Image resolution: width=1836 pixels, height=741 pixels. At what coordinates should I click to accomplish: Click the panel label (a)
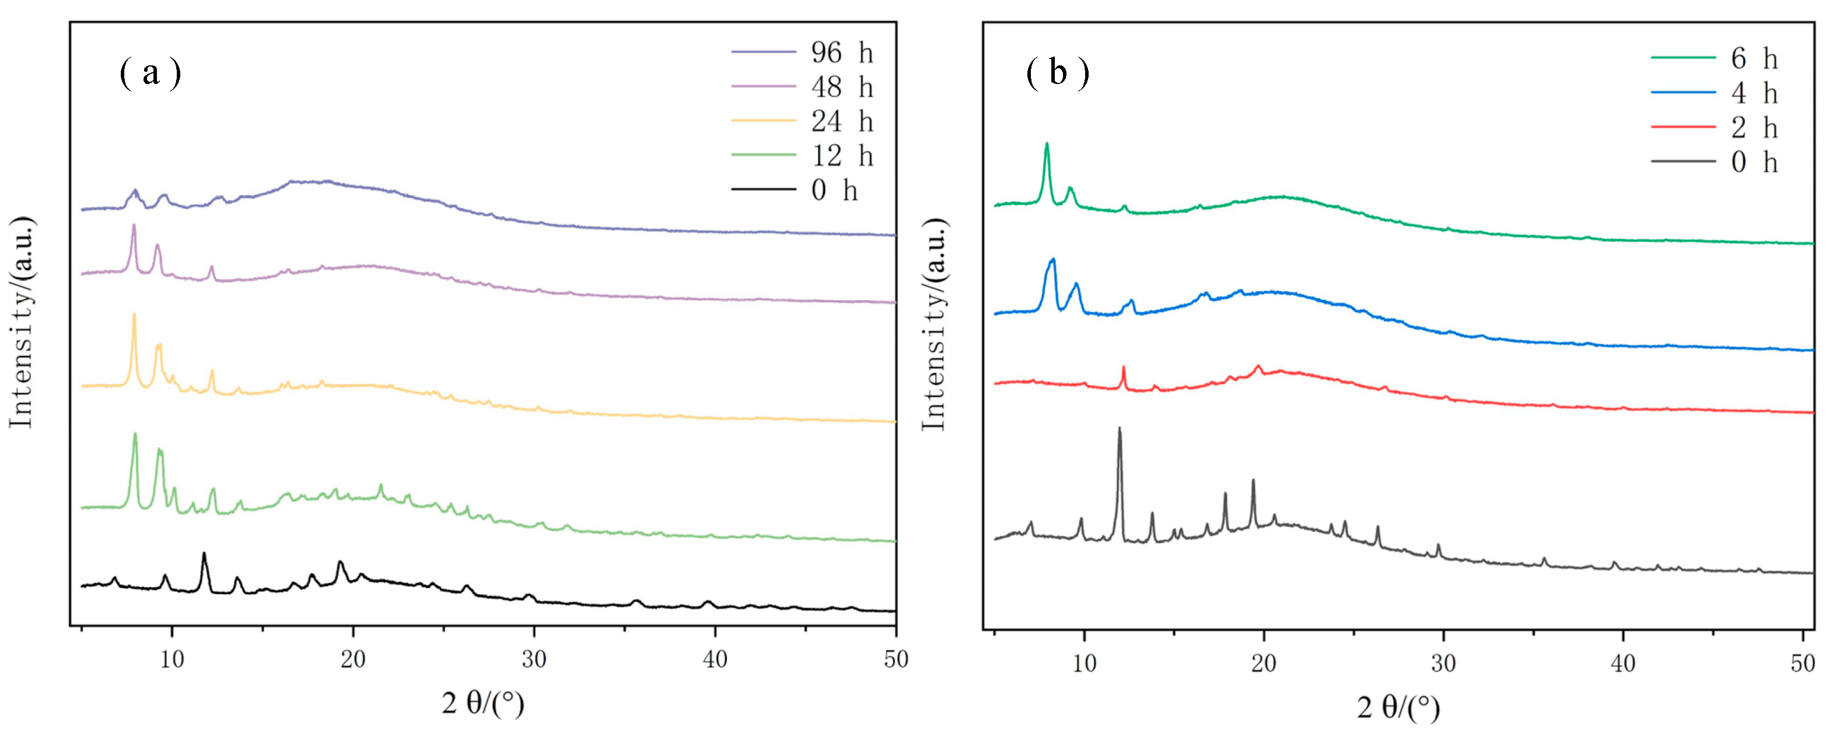coord(151,73)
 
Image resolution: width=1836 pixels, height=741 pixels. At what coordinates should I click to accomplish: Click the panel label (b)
coord(1058,73)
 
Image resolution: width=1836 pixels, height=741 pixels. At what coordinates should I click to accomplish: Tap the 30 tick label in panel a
coord(534,660)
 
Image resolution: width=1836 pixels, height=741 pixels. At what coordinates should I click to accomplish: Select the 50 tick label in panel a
coord(895,660)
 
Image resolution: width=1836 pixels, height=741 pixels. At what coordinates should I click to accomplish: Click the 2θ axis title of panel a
coord(482,704)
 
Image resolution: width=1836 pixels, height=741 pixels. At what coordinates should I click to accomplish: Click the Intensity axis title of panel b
coord(933,324)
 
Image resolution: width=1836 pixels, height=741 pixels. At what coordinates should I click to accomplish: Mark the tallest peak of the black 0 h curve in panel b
coord(1119,429)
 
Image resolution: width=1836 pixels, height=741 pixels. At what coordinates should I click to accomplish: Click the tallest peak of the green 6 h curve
coord(1046,145)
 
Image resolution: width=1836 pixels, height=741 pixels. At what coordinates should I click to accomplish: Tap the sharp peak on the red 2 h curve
coord(1123,368)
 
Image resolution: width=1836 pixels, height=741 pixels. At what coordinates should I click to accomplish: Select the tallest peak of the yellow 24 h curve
coord(134,316)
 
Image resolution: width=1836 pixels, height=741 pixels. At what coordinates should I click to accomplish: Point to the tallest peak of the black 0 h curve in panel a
coord(204,554)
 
